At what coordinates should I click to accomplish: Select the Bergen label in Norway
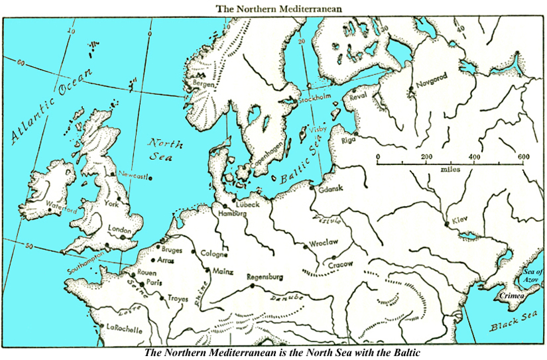[x=203, y=84]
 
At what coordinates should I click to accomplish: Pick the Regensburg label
[x=265, y=276]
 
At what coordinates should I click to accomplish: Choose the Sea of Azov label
[x=532, y=276]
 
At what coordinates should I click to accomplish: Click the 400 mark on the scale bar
[x=475, y=156]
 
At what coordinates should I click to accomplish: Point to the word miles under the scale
[x=450, y=169]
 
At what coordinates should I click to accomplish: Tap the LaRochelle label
[x=124, y=327]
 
